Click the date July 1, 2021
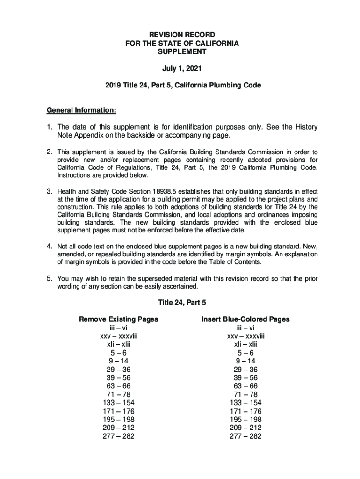182,69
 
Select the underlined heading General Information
81,110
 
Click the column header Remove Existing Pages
118,319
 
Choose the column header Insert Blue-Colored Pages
245,319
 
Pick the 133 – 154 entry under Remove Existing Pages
118,403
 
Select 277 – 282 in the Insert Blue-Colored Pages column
245,436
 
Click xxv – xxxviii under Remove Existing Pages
118,336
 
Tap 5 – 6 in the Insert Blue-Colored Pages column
245,353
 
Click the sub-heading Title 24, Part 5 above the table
182,302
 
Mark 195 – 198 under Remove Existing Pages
118,420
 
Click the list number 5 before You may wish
49,279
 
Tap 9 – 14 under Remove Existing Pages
118,361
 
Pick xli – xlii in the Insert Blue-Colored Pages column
245,344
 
